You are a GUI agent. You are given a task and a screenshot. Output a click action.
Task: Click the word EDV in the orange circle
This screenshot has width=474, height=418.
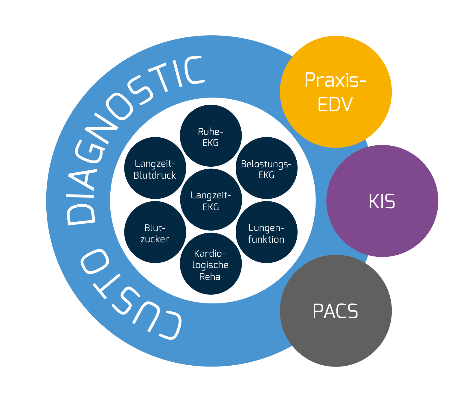[335, 104]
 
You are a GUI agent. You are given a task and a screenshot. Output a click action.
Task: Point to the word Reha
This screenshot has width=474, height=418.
[210, 277]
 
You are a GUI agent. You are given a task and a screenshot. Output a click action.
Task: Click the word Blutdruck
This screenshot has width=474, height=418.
[155, 175]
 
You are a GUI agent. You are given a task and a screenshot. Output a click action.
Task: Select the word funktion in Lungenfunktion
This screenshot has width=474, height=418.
[266, 239]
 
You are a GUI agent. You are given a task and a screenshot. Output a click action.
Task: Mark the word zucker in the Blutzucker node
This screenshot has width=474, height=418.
[155, 239]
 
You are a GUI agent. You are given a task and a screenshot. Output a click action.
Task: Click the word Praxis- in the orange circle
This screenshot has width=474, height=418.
[335, 80]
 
